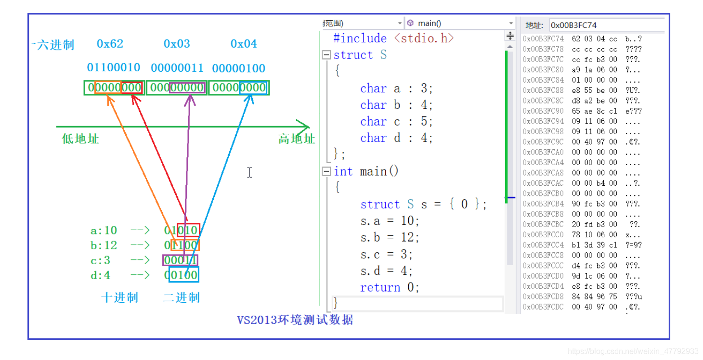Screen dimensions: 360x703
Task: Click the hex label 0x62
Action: pyautogui.click(x=110, y=44)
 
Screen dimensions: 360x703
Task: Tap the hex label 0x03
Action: pyautogui.click(x=177, y=44)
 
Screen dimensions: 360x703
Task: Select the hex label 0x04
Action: pyautogui.click(x=244, y=44)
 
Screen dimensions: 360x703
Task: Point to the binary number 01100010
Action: pyautogui.click(x=114, y=68)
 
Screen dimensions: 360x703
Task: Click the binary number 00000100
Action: pyautogui.click(x=239, y=68)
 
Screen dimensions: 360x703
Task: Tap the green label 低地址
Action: pyautogui.click(x=80, y=139)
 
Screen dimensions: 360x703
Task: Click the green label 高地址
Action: pyautogui.click(x=296, y=139)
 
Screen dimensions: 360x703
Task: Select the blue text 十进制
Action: pyautogui.click(x=119, y=297)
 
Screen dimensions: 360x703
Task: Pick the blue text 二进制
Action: pyautogui.click(x=181, y=297)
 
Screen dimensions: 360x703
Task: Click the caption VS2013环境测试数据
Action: pyautogui.click(x=295, y=320)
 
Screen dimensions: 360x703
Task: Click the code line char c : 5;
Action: pyautogui.click(x=396, y=121)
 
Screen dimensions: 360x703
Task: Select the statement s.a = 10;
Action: pyautogui.click(x=390, y=221)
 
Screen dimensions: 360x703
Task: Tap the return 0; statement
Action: pyautogui.click(x=390, y=287)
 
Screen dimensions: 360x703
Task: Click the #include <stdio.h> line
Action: pyautogui.click(x=393, y=39)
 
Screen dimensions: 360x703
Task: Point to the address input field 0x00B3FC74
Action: pyautogui.click(x=606, y=25)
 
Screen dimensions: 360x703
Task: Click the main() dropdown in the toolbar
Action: pyautogui.click(x=460, y=23)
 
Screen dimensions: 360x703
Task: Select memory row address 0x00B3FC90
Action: pyautogui.click(x=543, y=111)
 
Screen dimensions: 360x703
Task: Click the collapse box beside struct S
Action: pyautogui.click(x=326, y=55)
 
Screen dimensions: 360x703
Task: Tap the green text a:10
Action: pyautogui.click(x=104, y=231)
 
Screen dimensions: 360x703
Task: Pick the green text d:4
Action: pyautogui.click(x=100, y=275)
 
